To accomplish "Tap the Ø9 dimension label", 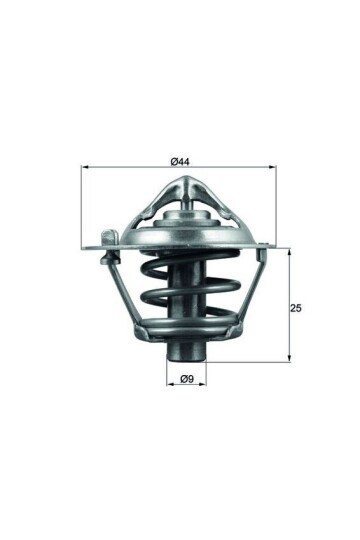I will pos(186,377).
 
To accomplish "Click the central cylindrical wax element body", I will pos(186,300).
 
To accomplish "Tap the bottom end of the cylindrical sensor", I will pos(186,354).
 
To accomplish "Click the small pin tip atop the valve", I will pos(186,202).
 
